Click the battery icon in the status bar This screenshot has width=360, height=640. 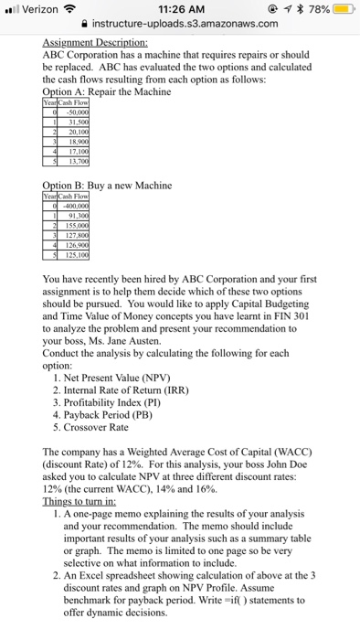pyautogui.click(x=343, y=9)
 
